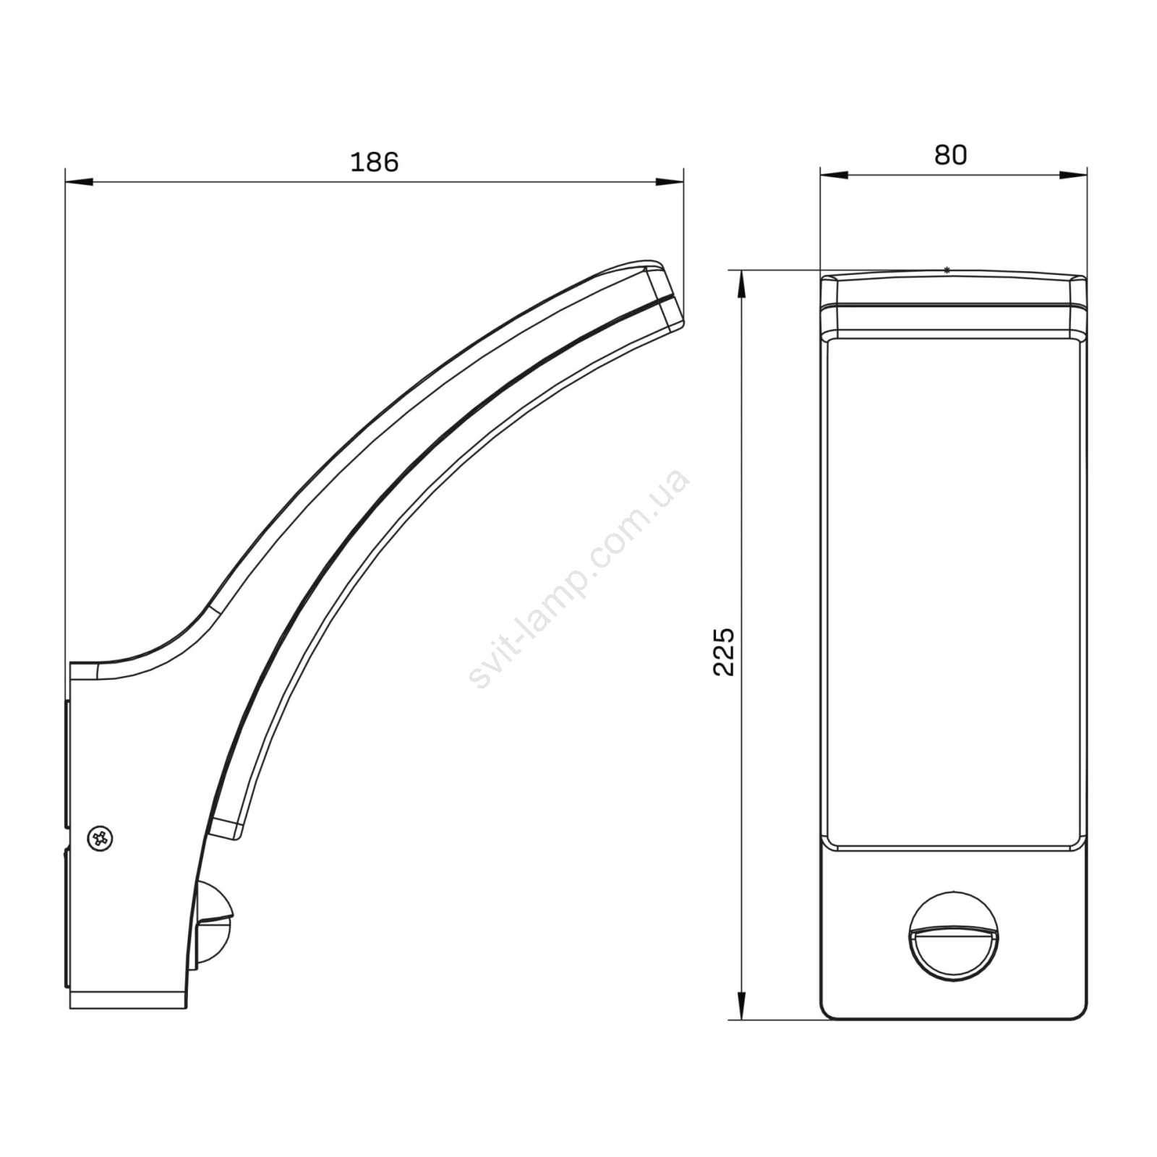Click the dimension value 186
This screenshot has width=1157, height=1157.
[x=374, y=162]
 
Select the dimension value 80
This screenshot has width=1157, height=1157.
[x=950, y=155]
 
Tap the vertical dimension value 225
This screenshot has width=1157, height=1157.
[x=724, y=652]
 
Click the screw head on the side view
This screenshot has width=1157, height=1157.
[x=100, y=839]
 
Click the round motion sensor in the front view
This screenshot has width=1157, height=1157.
[x=953, y=936]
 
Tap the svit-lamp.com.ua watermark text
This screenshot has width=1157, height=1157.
[x=578, y=578]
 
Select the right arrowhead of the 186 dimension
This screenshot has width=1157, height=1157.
[x=670, y=182]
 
